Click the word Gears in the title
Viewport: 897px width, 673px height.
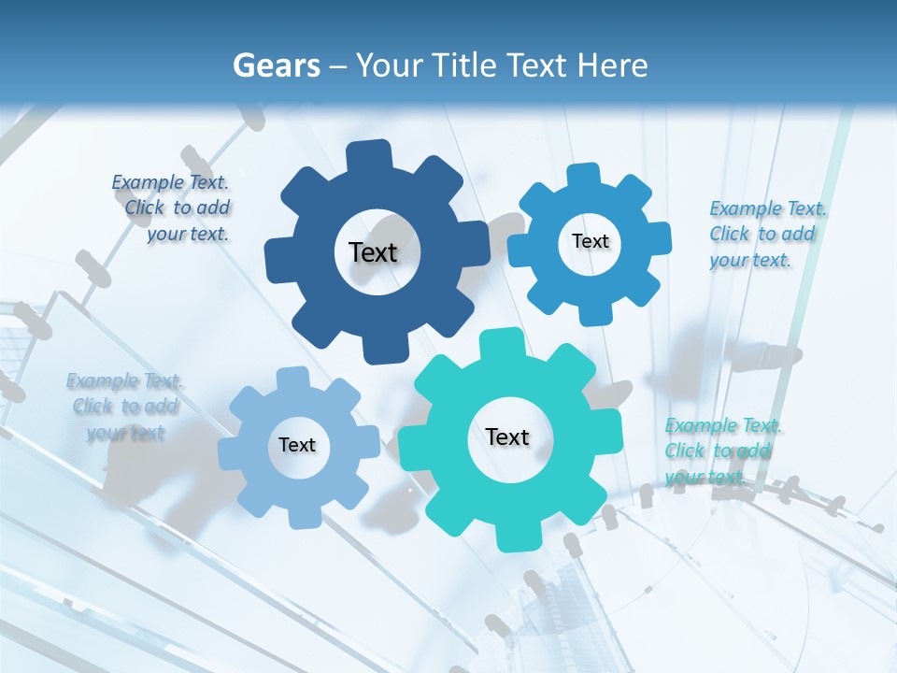(x=276, y=65)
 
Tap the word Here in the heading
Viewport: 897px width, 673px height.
(x=613, y=65)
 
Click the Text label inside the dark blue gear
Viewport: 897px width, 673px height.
(x=373, y=252)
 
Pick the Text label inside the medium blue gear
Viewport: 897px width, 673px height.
(x=590, y=241)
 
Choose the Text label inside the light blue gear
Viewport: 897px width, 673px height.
(x=297, y=446)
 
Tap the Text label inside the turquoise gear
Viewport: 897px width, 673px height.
(x=507, y=437)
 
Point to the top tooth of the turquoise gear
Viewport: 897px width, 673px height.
(x=502, y=343)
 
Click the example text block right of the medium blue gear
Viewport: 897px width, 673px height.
(x=766, y=234)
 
